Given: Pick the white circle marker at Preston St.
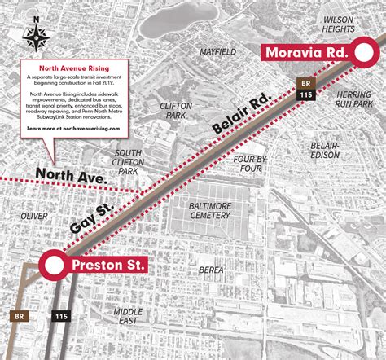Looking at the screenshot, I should pyautogui.click(x=55, y=265).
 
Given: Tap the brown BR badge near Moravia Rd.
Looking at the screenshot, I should pyautogui.click(x=305, y=83).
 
